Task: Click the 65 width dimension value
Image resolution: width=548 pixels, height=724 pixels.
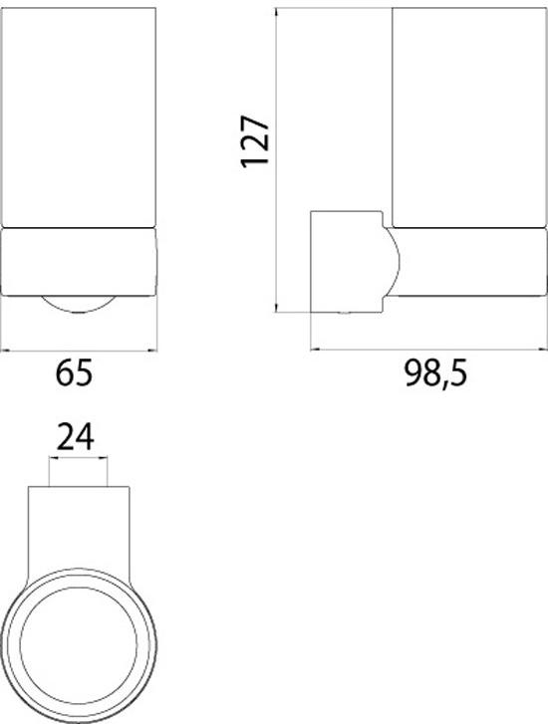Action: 75,374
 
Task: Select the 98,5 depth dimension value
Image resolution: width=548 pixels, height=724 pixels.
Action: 435,374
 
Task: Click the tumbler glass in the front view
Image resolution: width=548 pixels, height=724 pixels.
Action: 81,115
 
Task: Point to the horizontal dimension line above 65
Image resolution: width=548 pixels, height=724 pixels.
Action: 80,350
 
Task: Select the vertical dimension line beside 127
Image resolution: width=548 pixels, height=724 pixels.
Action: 277,159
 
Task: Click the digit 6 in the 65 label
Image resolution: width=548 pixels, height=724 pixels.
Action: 65,374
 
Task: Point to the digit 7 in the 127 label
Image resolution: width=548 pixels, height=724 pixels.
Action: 256,124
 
